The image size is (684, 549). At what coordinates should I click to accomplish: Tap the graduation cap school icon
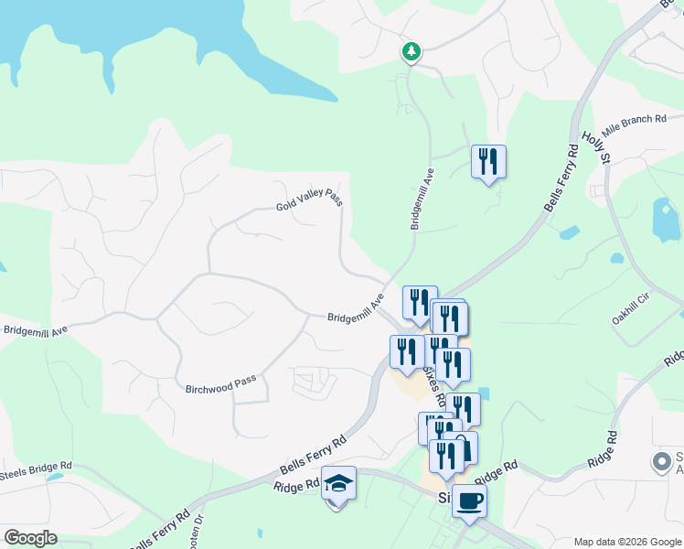(x=338, y=482)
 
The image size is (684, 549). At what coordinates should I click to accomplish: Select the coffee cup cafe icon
(x=470, y=501)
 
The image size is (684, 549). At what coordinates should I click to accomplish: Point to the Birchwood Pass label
(x=220, y=382)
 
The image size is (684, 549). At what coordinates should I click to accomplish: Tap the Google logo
(x=30, y=538)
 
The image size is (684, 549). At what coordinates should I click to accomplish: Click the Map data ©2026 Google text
(x=626, y=542)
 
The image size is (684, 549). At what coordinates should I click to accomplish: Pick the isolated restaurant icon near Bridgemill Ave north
(x=488, y=162)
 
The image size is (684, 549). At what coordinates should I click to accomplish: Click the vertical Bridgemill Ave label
(x=422, y=198)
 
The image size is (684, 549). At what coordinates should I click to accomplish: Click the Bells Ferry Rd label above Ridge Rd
(x=313, y=454)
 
